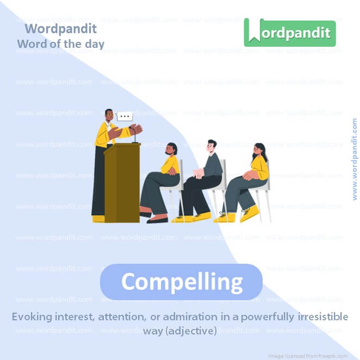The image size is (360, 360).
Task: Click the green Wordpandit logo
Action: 289,32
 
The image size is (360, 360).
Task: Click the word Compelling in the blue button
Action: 182,282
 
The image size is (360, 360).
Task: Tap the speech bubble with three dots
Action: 125,116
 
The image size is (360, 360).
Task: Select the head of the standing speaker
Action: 109,115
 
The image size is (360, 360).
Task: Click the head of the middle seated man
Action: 212,146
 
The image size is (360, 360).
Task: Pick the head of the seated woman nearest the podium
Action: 171,148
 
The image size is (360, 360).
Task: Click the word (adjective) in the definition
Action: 191,330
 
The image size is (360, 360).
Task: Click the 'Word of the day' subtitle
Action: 60,44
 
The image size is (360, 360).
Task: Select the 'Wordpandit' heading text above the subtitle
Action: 60,28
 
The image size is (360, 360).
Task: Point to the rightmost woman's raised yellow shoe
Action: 250,213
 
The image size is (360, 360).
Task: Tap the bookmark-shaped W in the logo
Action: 254,32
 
